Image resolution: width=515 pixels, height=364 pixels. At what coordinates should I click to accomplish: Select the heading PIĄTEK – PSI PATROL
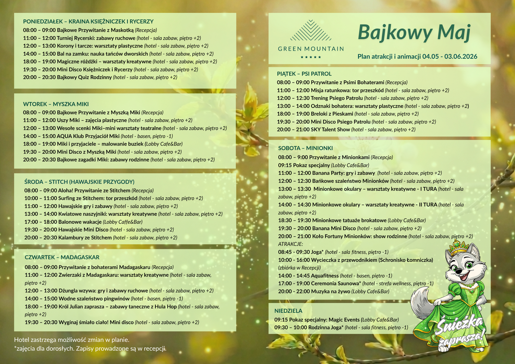pyautogui.click(x=304, y=74)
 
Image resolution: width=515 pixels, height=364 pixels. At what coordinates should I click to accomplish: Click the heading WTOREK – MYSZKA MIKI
pyautogui.click(x=56, y=104)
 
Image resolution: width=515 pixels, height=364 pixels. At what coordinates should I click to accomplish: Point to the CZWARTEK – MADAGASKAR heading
pyautogui.click(x=62, y=257)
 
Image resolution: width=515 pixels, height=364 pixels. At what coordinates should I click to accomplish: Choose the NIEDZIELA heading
pyautogui.click(x=288, y=311)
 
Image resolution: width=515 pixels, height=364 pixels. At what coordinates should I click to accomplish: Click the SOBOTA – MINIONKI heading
pyautogui.click(x=305, y=148)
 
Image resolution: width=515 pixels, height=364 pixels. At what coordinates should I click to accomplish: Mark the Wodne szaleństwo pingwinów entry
pyautogui.click(x=94, y=299)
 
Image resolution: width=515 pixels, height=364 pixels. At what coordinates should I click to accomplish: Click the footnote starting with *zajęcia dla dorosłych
pyautogui.click(x=90, y=348)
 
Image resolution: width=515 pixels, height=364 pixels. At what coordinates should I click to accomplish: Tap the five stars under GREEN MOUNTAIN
pyautogui.click(x=310, y=57)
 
